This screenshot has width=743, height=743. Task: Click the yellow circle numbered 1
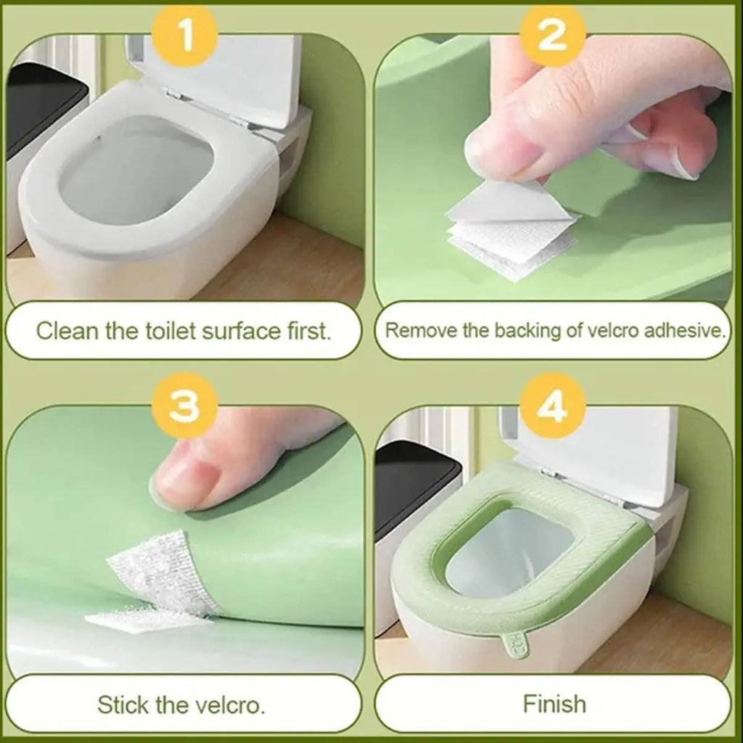185,35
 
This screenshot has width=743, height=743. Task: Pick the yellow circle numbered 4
554,408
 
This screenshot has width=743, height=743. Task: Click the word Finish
554,703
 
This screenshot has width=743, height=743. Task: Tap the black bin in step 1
44,116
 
